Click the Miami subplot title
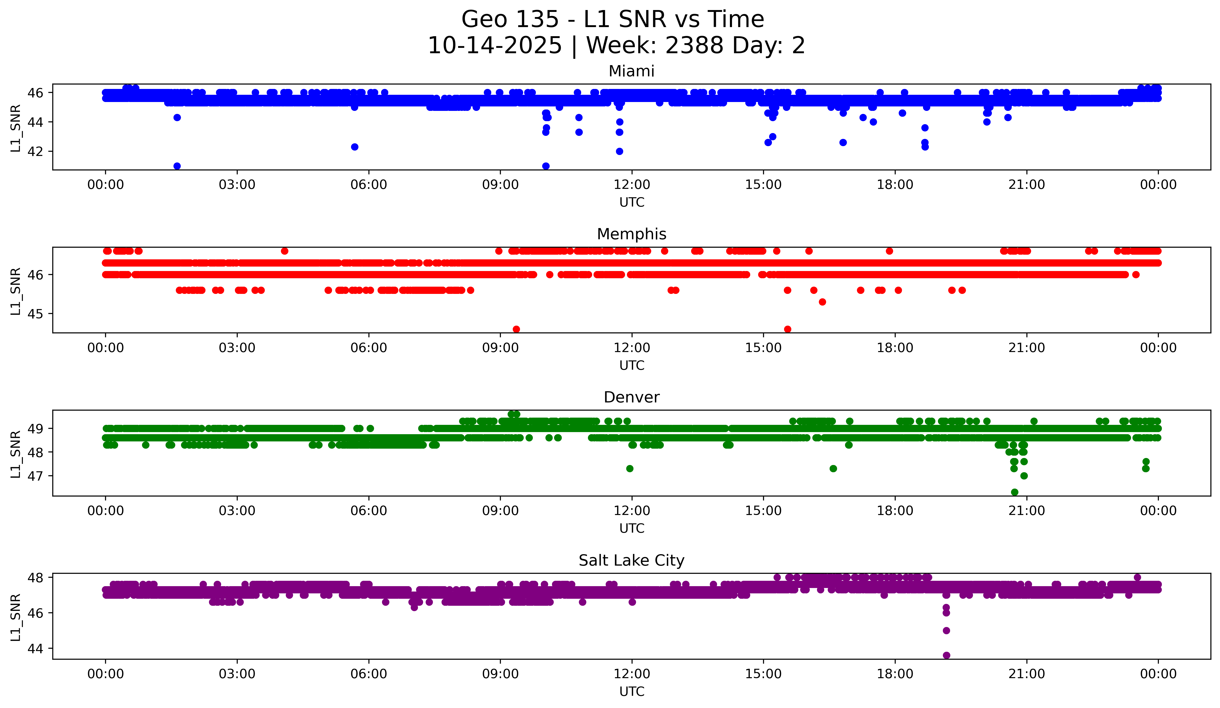631,71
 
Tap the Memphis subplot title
631,234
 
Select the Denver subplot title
631,397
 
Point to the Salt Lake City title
631,560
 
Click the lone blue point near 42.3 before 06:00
354,147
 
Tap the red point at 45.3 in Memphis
822,302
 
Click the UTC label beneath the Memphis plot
632,365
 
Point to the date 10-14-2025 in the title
495,46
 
